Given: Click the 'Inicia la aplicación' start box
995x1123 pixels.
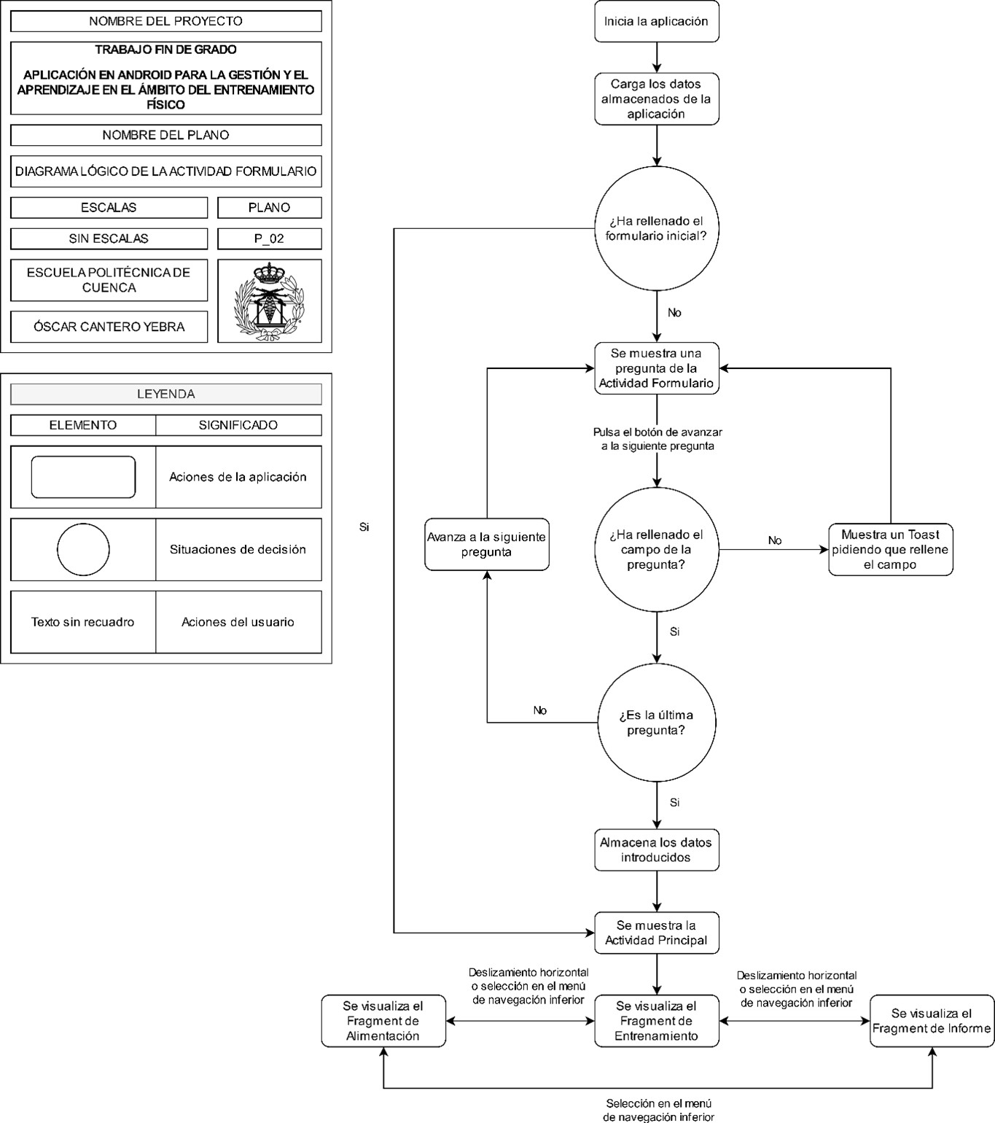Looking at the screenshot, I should tap(656, 22).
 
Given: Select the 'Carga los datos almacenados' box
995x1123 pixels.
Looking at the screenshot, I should tap(656, 99).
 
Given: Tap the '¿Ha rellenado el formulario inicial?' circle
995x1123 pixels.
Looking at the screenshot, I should tap(656, 228).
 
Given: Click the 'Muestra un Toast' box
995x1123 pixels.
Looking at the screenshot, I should tap(890, 550).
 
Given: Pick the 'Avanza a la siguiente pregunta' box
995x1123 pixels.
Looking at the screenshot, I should tap(486, 545).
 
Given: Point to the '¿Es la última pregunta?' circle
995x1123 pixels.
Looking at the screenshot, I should tap(656, 723).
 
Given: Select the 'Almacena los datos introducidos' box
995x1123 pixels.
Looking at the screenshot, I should tap(656, 850).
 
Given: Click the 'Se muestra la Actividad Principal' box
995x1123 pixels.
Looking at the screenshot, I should tap(656, 933).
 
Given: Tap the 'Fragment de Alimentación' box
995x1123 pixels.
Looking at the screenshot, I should tap(383, 1021).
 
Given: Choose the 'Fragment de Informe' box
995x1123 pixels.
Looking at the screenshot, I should tap(932, 1021).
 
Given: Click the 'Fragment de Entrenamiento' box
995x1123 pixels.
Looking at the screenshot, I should tap(656, 1021).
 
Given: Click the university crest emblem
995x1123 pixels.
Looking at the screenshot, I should tap(269, 301).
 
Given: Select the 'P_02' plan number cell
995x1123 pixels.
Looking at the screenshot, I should tap(269, 238).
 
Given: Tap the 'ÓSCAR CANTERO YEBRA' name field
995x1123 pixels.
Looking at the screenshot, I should tap(109, 327).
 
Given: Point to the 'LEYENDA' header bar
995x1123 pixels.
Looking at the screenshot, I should tap(165, 394).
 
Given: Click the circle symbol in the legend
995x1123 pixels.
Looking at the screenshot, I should tap(83, 550).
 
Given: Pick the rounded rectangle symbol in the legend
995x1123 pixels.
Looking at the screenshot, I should tap(83, 477).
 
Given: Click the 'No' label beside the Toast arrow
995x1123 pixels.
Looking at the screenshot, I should tap(774, 540).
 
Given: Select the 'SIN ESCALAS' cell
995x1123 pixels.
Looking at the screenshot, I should tap(109, 238).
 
